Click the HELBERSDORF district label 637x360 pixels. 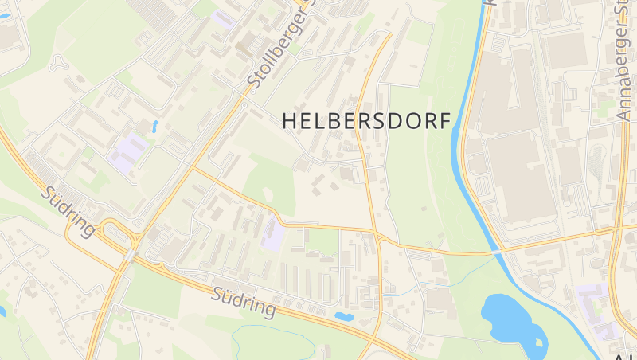[x=366, y=120]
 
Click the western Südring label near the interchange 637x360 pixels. [x=70, y=211]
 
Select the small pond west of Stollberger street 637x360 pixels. [x=154, y=125]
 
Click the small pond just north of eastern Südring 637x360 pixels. [x=344, y=316]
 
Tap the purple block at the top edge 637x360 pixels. [x=223, y=18]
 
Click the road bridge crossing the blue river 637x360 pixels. [x=497, y=251]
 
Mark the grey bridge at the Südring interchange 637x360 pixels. [x=130, y=254]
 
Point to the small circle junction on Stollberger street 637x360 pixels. [x=244, y=104]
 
